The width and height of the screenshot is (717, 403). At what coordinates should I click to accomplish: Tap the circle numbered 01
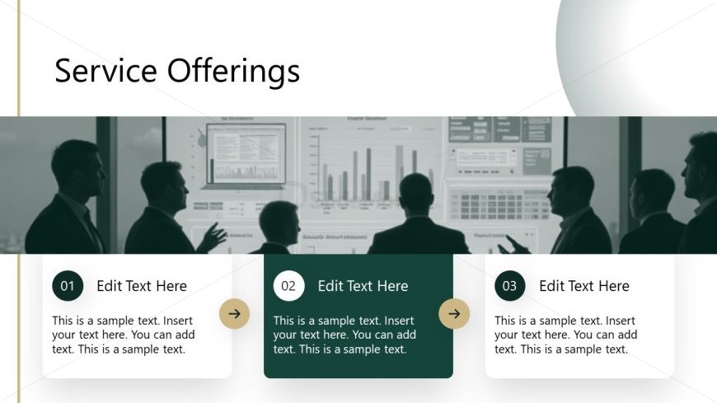[x=68, y=286]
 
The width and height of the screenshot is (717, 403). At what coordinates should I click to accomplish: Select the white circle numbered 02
[x=288, y=286]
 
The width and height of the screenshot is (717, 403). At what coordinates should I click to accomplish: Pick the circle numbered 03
[x=509, y=286]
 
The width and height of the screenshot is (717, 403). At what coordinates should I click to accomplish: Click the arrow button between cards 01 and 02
[x=234, y=313]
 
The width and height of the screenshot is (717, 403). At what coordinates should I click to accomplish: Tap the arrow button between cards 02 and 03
[x=454, y=313]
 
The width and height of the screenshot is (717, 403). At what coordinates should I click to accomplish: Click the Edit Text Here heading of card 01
[x=142, y=286]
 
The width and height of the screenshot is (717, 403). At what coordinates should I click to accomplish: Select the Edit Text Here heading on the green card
[x=363, y=286]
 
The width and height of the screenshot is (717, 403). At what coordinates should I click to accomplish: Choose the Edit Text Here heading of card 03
[x=583, y=286]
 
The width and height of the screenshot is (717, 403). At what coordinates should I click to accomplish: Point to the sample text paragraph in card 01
[x=124, y=335]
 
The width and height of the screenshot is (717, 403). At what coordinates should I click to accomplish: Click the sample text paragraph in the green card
[x=344, y=335]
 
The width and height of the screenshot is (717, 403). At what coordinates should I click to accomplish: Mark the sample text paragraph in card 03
[x=565, y=335]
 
